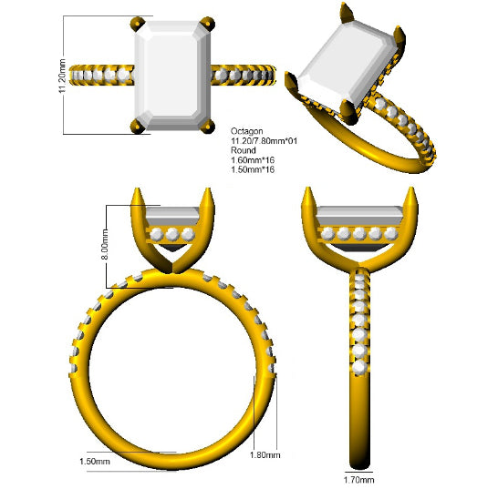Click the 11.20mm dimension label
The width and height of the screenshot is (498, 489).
pos(62,76)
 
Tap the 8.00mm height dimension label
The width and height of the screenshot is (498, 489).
pos(105,244)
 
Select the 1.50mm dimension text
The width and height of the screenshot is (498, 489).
pos(95,461)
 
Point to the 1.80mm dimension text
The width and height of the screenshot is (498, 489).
pos(265,455)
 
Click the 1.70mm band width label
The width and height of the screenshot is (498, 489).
pos(358,480)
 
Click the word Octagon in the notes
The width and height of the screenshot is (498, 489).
pos(247,131)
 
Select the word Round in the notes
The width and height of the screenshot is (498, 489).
pos(243,150)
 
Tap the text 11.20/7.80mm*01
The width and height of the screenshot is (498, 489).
pos(264,141)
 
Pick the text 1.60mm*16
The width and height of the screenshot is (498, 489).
pos(253,160)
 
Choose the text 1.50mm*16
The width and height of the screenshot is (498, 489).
pos(253,169)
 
